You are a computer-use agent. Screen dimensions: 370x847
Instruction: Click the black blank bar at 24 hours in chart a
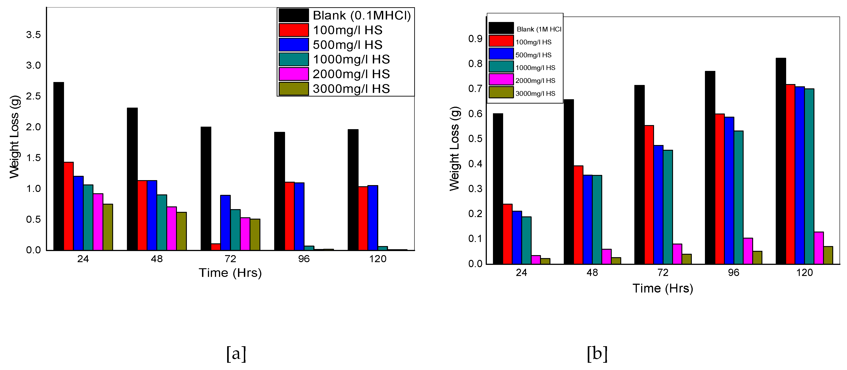point(59,166)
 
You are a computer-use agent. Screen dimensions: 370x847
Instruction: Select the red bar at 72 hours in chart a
point(216,247)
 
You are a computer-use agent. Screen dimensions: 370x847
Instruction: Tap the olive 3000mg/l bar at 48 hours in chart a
point(181,231)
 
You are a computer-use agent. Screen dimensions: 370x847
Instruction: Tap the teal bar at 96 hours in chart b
point(738,198)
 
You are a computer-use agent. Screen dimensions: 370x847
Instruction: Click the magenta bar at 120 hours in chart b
point(819,248)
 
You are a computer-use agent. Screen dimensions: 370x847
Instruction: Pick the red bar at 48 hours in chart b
point(578,215)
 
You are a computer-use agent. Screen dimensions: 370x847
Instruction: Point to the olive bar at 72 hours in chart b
point(687,259)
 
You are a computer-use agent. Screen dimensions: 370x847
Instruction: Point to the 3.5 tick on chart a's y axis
point(33,35)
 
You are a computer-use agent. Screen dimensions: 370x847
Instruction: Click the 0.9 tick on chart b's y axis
point(475,39)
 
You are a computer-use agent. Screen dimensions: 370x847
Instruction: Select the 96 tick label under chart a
point(304,259)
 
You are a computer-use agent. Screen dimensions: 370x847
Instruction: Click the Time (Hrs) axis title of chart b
point(663,288)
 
